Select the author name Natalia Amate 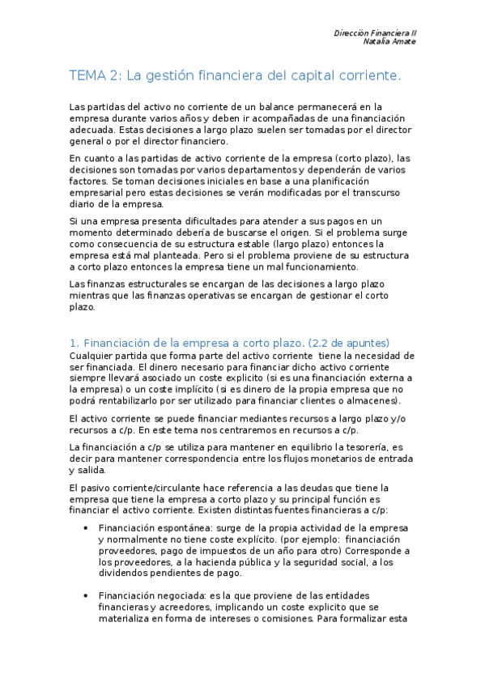point(390,42)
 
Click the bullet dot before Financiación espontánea point(87,527)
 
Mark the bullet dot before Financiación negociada point(87,595)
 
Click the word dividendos point(124,573)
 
